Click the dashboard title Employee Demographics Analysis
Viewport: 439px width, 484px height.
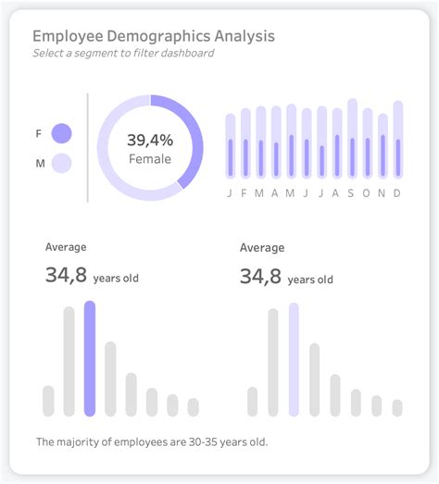153,37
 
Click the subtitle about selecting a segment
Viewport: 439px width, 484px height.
123,54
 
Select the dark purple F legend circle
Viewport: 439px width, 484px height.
62,133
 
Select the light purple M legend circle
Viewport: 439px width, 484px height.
62,164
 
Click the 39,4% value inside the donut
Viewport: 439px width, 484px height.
150,141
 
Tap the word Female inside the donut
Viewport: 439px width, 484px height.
150,159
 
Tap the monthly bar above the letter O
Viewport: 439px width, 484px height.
367,144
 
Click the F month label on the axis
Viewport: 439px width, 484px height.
245,192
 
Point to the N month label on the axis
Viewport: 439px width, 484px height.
382,192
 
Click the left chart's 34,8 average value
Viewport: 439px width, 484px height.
63,274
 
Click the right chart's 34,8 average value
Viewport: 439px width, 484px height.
258,274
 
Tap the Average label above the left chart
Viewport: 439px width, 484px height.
66,247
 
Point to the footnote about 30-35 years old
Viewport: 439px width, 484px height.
152,442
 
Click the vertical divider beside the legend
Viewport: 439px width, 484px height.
88,146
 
